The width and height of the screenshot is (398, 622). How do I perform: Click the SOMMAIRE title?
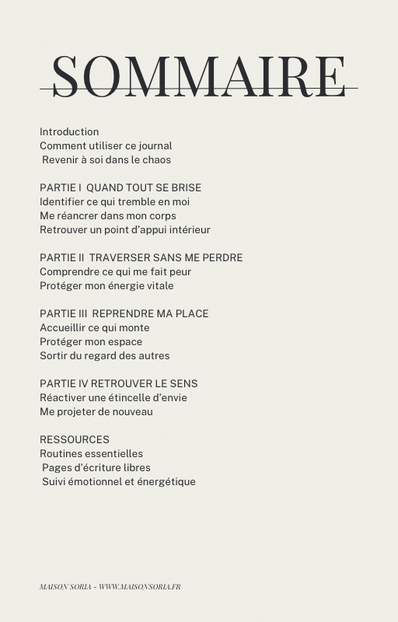click(199, 76)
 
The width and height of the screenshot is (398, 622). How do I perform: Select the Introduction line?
click(69, 131)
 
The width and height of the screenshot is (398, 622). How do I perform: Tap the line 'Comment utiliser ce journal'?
click(106, 145)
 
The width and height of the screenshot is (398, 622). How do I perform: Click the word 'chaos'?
click(155, 159)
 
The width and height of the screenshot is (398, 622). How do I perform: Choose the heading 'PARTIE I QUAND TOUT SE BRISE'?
click(120, 187)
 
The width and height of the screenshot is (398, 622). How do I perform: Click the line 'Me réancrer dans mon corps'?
click(108, 215)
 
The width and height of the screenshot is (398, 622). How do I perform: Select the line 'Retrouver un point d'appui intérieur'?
click(125, 229)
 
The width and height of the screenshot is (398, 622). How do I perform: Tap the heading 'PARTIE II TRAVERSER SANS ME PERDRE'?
click(141, 257)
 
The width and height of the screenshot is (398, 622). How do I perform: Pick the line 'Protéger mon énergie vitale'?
click(106, 285)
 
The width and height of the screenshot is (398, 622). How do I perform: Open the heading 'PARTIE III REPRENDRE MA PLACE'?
click(124, 313)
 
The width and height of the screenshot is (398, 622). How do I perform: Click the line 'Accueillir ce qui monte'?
click(95, 327)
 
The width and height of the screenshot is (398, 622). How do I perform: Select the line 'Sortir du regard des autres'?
click(105, 355)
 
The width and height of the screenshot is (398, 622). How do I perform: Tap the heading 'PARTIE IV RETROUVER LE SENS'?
click(119, 383)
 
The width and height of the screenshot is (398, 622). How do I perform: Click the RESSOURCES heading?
click(75, 439)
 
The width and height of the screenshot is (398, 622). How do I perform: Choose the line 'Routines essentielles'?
click(92, 453)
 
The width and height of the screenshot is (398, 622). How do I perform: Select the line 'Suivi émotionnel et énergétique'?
click(119, 481)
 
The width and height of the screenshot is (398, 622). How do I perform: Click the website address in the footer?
click(139, 586)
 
